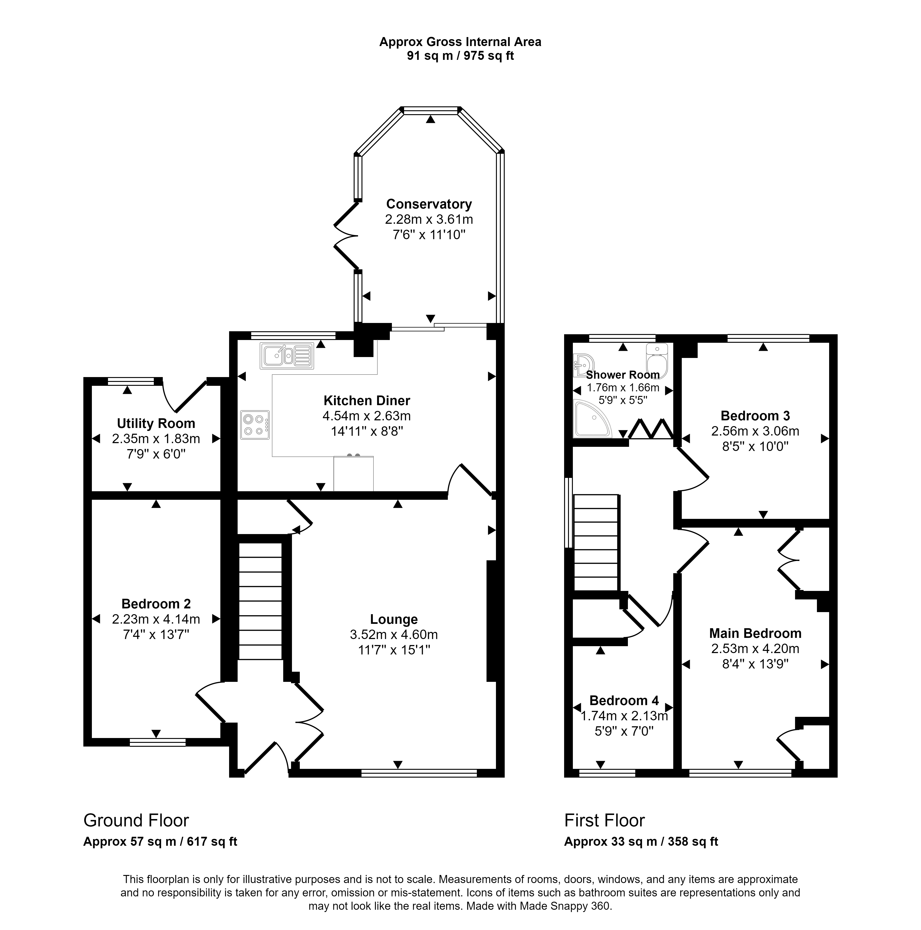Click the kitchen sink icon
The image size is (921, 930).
click(286, 356)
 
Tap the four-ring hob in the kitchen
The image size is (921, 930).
click(255, 424)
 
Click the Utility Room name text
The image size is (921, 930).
click(156, 424)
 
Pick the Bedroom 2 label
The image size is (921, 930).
click(156, 604)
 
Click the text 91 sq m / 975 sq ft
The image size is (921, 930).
click(460, 56)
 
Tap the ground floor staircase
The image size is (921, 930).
click(260, 601)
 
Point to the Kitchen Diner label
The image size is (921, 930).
click(367, 401)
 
